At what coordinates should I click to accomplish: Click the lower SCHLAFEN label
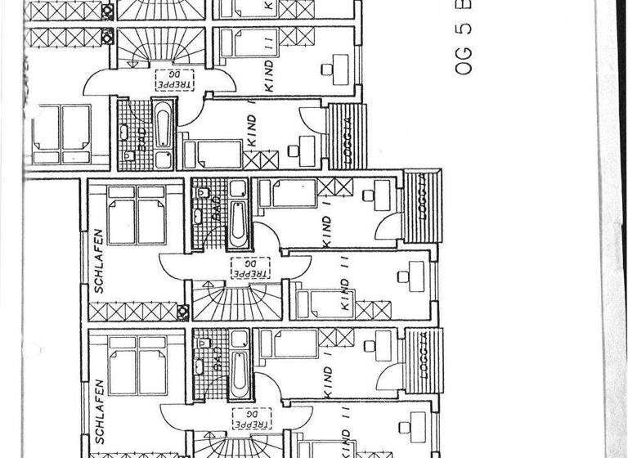(99, 412)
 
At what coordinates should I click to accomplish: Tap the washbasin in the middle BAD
(200, 216)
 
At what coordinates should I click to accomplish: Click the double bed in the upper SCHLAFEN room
(137, 213)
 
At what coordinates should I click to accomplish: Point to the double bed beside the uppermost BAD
(62, 133)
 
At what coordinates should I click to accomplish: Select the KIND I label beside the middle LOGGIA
(328, 231)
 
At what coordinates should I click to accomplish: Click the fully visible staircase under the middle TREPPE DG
(236, 302)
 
